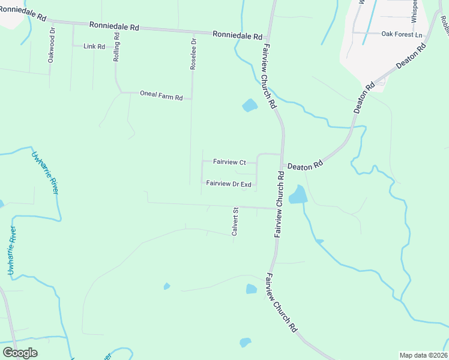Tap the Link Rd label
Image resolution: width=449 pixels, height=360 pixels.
coord(94,46)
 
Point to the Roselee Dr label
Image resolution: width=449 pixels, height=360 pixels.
coord(193,55)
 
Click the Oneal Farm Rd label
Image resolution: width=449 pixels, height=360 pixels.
coord(161,94)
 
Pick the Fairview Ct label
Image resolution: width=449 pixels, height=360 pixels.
coord(229,162)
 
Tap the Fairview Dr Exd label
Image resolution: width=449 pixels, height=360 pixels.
coord(228,184)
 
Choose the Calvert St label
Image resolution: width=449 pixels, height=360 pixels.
coord(235,221)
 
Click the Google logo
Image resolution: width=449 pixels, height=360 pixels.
coord(20,353)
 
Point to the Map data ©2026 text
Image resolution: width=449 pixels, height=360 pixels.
coord(423,355)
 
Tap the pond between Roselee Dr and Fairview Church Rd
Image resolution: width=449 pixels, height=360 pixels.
coord(250,106)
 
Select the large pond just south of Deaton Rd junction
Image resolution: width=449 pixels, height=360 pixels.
coord(297,194)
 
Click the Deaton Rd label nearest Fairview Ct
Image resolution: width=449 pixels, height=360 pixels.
coord(305,164)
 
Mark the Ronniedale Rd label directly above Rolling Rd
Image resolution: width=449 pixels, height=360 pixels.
coord(114,26)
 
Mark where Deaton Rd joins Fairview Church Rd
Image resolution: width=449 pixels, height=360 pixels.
coord(283,155)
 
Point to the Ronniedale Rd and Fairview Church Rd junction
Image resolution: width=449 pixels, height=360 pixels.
coord(265,38)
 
